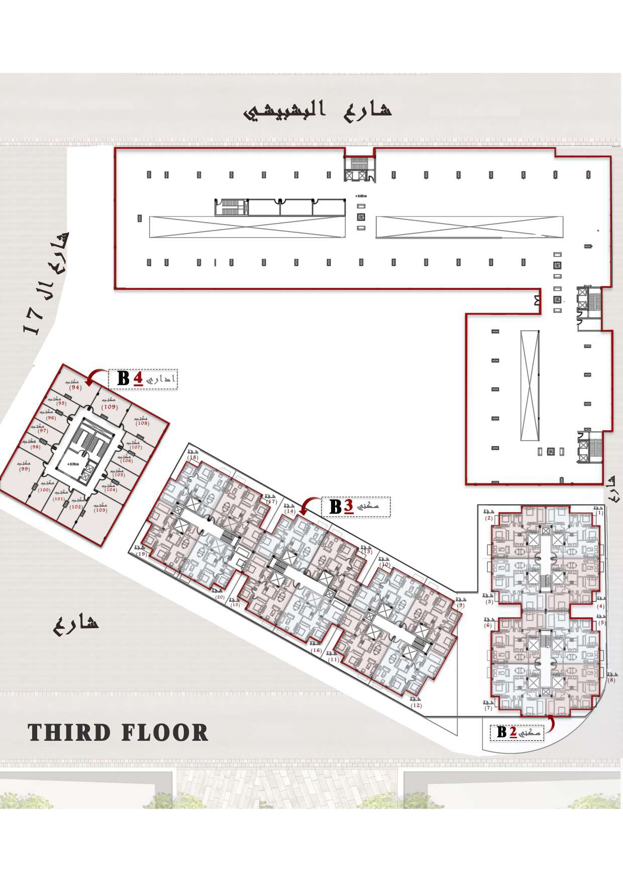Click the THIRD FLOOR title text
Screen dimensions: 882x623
(x=118, y=733)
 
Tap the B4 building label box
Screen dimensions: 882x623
(x=143, y=378)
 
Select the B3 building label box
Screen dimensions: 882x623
(x=356, y=507)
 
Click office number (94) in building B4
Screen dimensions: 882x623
(x=76, y=387)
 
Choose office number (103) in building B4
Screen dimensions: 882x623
(x=100, y=510)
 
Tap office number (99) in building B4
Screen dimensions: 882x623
(x=24, y=468)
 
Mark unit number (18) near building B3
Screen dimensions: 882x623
(x=193, y=457)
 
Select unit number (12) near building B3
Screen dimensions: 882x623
(x=416, y=705)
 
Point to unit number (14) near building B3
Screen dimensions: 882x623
(x=290, y=511)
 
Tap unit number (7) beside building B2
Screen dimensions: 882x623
(x=488, y=708)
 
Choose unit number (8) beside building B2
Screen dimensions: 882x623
(x=611, y=680)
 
